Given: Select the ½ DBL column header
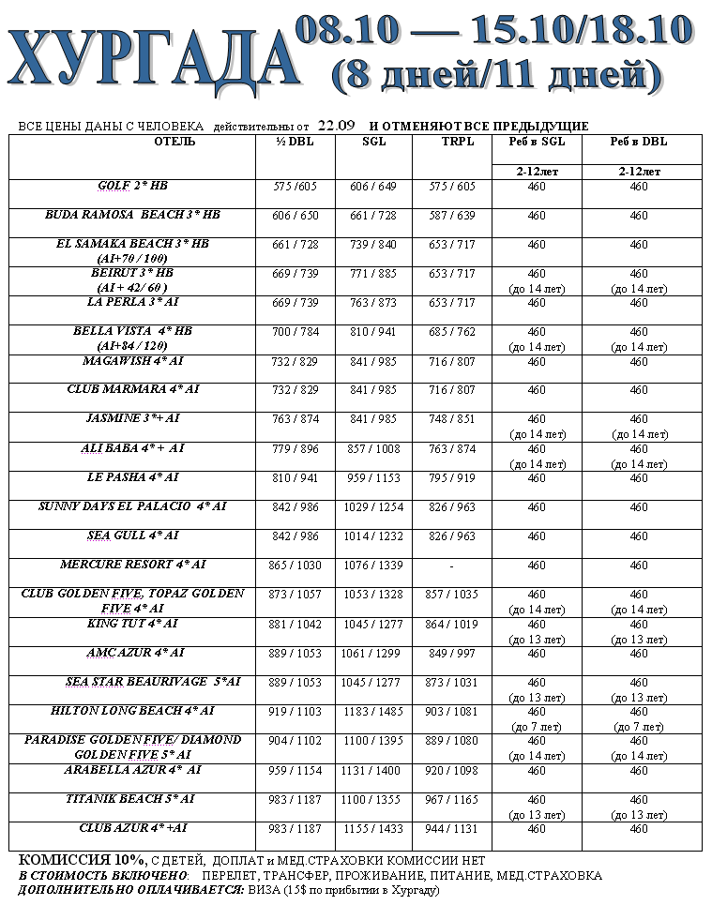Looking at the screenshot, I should tap(295, 142).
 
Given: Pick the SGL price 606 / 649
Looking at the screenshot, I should tap(372, 187).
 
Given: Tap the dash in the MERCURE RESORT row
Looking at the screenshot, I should tap(451, 566).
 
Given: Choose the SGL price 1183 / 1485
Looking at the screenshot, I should tap(372, 713).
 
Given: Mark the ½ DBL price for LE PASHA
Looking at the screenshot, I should tap(295, 478).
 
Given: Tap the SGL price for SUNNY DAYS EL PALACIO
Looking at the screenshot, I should tap(372, 507).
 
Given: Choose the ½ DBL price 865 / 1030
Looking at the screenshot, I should tap(295, 566).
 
